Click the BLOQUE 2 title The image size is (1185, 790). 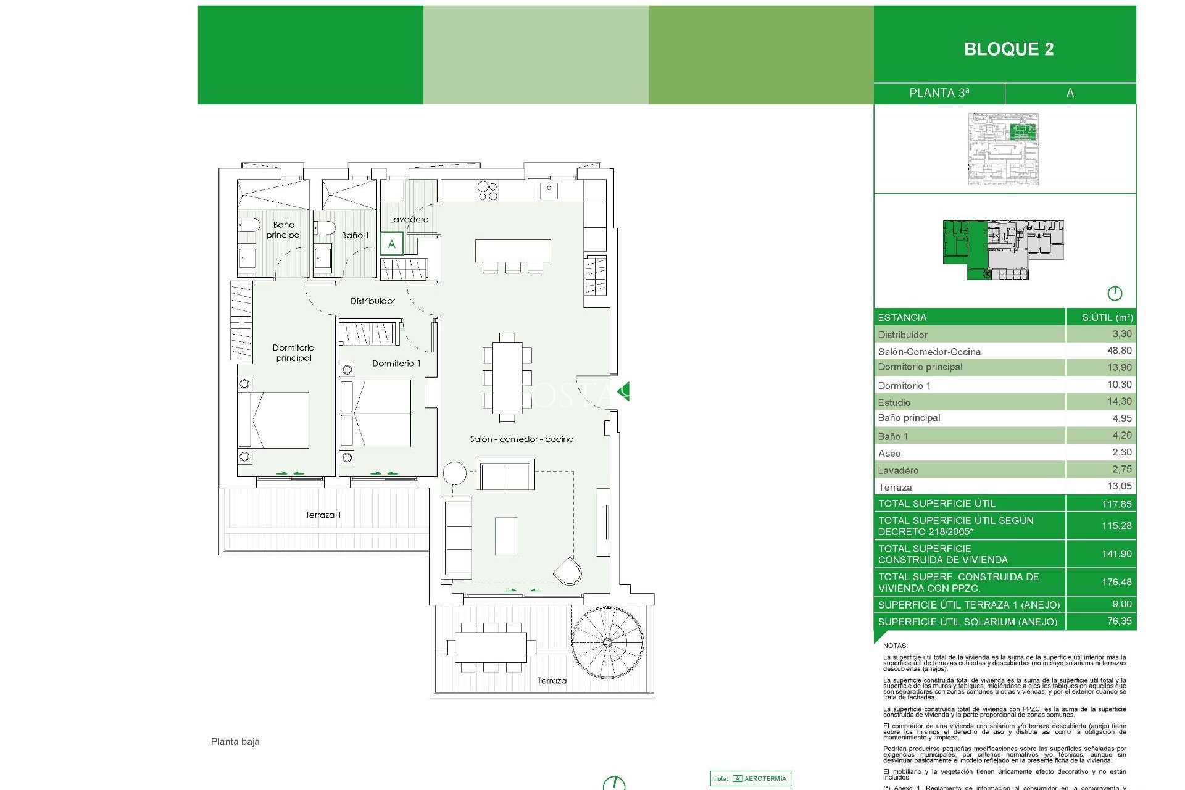point(1008,49)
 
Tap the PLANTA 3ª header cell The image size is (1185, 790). point(939,93)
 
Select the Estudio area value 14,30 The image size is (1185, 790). point(1118,401)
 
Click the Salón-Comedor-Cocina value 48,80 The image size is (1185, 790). point(1118,351)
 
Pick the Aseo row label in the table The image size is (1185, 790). point(889,453)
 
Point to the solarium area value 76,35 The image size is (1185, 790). point(1118,621)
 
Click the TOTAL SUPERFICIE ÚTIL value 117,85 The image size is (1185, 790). point(1116,504)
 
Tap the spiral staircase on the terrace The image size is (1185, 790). point(607,642)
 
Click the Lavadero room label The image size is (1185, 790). point(409,219)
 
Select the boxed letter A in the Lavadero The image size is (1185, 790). point(391,244)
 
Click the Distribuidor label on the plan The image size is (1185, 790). point(372,301)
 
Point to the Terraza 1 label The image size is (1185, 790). point(323,515)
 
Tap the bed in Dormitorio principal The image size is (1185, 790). point(275,420)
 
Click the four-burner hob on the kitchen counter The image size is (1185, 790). point(487,191)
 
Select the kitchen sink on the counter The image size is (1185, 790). point(548,189)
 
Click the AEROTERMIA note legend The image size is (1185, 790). point(750,778)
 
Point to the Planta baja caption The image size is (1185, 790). point(235,741)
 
